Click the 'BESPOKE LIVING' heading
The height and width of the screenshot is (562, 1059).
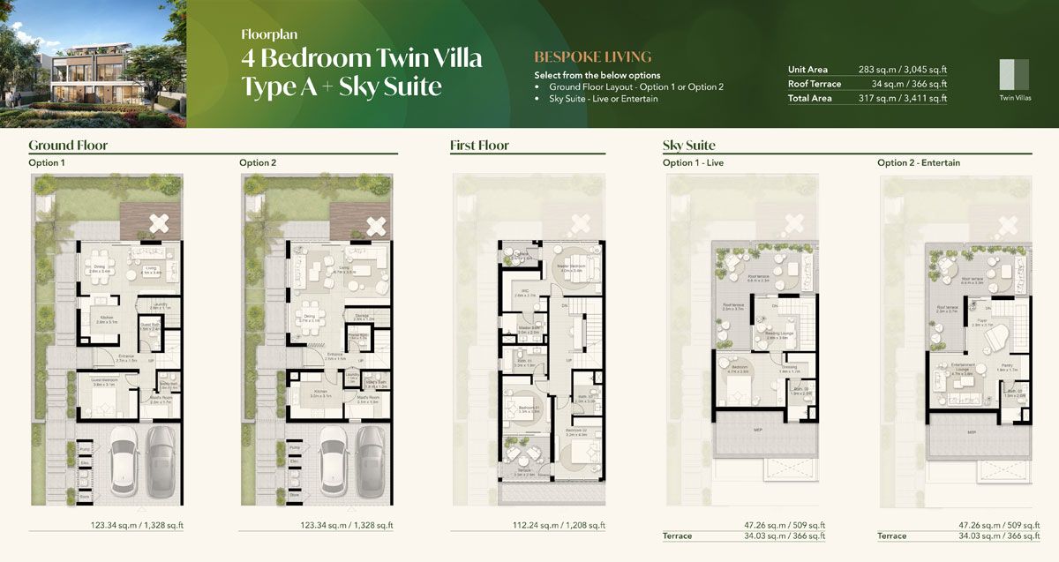pos(592,56)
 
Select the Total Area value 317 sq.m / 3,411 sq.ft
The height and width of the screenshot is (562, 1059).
pos(903,99)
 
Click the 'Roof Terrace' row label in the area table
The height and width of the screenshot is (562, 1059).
pos(815,84)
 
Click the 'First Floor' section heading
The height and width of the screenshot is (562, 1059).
pos(479,145)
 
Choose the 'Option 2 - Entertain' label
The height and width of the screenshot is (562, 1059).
pos(919,163)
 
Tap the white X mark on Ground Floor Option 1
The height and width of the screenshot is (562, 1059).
pos(159,223)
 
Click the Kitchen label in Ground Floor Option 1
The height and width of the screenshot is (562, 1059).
pos(107,318)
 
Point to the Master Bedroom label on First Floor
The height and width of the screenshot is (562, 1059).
pos(573,266)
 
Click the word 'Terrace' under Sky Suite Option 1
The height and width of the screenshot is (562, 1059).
pos(677,536)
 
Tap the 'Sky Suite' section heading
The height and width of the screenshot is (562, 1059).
pos(688,145)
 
